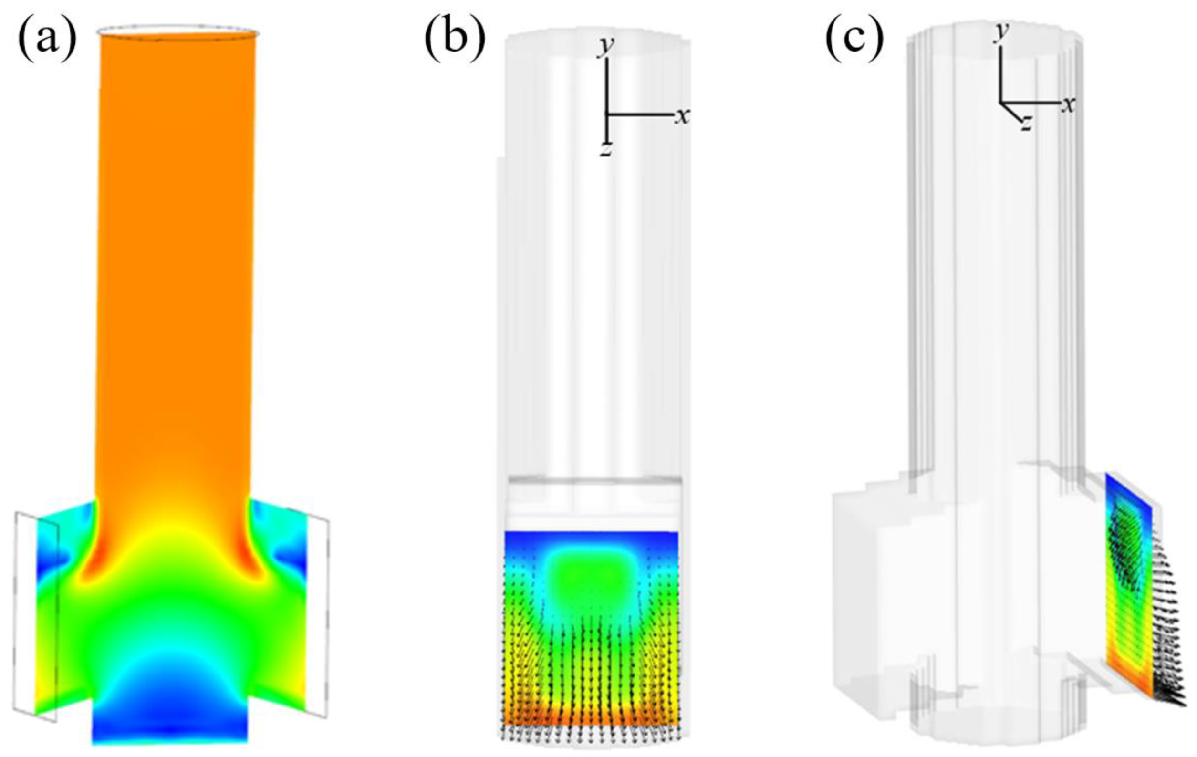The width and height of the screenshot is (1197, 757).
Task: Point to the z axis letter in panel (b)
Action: click(605, 150)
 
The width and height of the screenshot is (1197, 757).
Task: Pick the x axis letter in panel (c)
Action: click(1068, 105)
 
